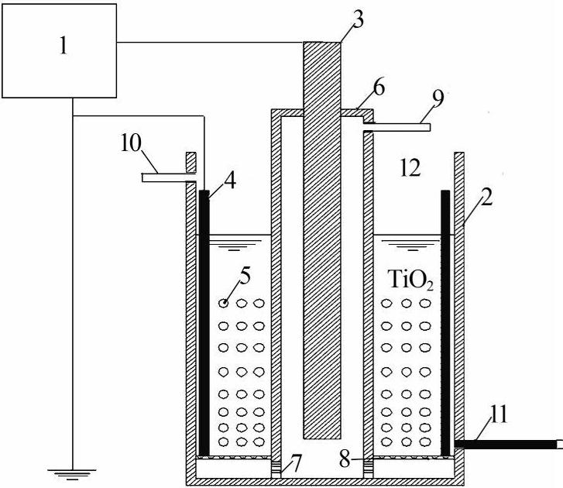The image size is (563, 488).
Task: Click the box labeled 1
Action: [59, 47]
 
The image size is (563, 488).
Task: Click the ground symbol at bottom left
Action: [71, 469]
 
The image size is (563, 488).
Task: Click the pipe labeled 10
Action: [166, 178]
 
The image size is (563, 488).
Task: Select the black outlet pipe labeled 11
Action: [507, 445]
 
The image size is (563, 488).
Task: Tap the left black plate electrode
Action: [204, 321]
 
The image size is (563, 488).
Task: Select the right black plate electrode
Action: [445, 321]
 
